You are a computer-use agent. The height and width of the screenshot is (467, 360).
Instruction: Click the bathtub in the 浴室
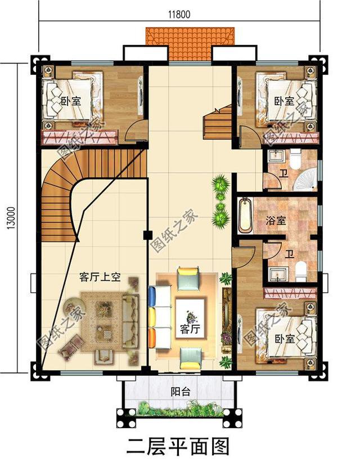[245, 215]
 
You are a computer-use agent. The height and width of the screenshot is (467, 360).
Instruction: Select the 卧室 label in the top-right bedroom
[285, 101]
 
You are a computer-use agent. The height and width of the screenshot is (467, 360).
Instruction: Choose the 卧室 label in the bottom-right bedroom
[285, 339]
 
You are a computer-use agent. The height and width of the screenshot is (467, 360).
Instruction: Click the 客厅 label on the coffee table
[189, 327]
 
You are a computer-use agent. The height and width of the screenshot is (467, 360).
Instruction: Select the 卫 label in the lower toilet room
[289, 254]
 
